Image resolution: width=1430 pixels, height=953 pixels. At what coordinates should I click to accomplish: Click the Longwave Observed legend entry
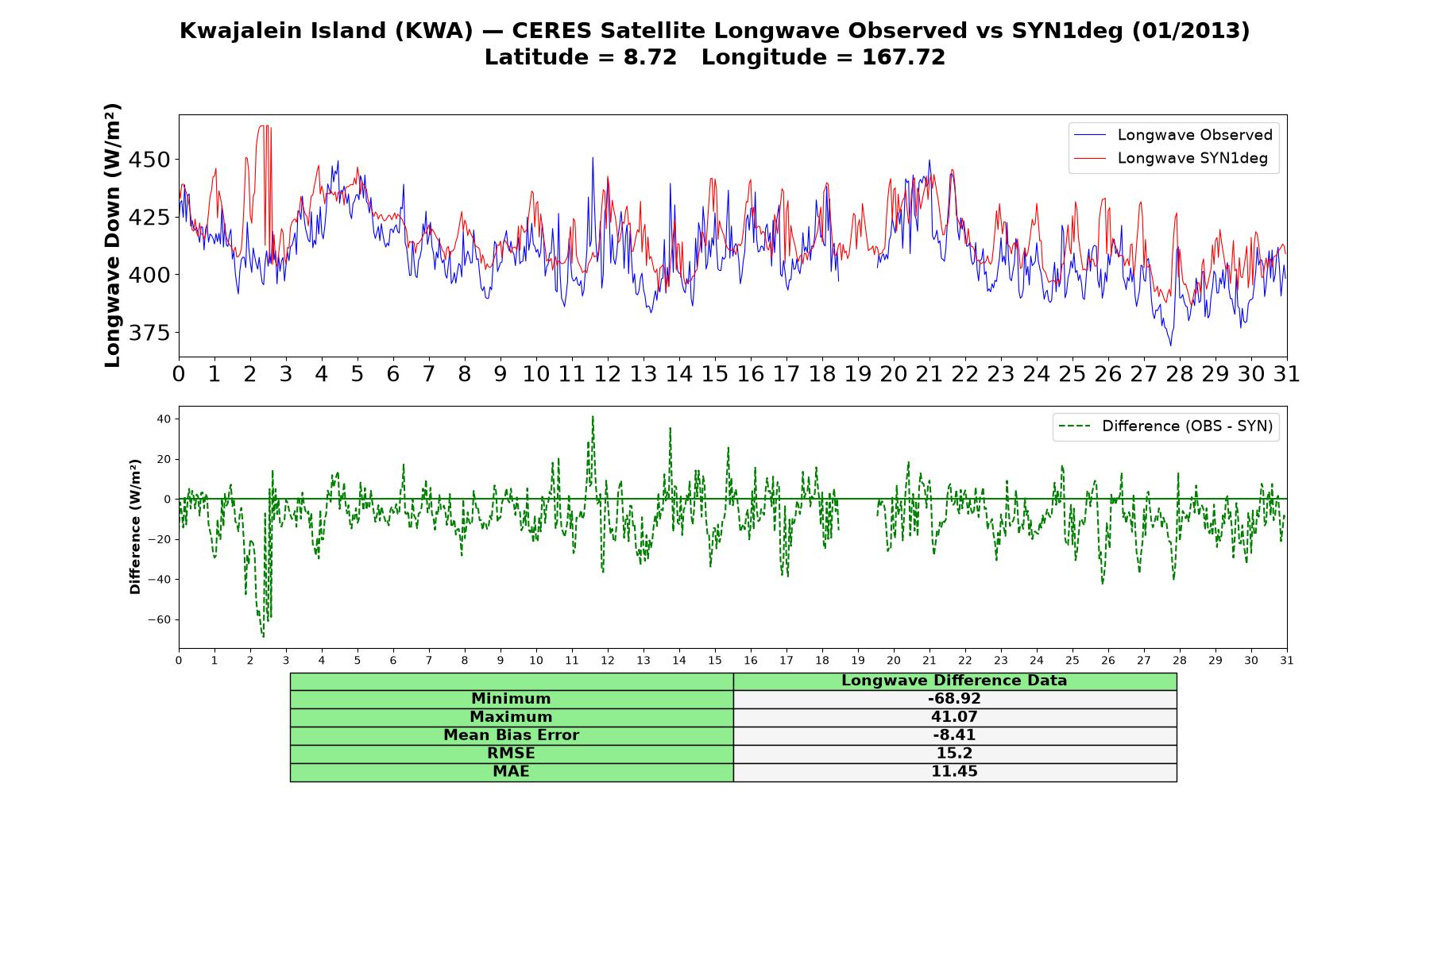coord(1173,135)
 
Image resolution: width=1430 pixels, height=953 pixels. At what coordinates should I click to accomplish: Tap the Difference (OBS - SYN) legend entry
coord(1166,426)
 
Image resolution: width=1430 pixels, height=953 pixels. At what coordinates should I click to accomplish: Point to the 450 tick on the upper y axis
coord(149,160)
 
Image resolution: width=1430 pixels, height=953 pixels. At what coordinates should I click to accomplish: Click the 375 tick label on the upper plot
coord(149,333)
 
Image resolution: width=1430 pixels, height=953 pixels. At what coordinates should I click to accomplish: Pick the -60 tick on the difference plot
coord(159,619)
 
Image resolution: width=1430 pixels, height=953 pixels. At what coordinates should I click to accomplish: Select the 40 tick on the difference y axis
coord(164,419)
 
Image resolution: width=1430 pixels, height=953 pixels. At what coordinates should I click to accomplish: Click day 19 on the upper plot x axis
coord(858,374)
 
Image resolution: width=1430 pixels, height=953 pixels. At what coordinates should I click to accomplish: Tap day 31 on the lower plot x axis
coord(1287,660)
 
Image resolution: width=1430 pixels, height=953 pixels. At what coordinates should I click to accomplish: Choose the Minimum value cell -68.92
coord(954,699)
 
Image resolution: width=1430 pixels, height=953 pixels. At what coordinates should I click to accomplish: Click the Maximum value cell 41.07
coord(954,717)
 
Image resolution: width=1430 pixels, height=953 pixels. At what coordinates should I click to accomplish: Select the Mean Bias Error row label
coord(511,735)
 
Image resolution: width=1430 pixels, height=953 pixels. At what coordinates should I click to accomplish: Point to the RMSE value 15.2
coord(954,754)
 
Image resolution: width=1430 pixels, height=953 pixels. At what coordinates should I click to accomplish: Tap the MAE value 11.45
coord(954,772)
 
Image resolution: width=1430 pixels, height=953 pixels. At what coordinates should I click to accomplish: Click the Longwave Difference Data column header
coord(954,681)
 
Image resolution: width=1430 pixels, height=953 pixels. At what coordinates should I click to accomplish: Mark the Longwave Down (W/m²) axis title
coord(112,235)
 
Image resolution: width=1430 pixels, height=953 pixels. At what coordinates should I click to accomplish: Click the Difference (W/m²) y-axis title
coord(135,527)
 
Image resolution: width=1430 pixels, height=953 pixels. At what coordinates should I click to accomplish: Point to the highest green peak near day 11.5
coord(592,416)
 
